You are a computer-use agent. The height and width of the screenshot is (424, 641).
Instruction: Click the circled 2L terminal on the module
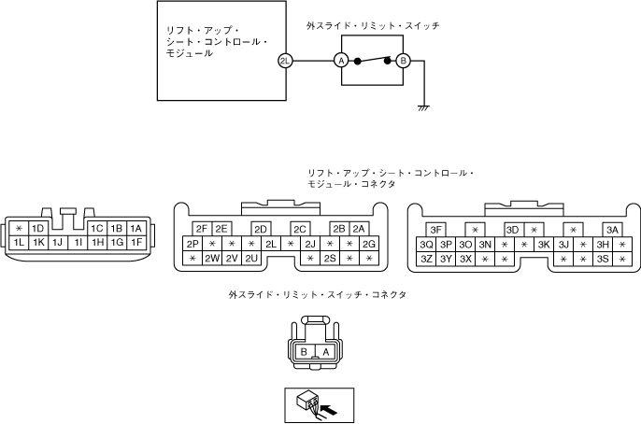(285, 61)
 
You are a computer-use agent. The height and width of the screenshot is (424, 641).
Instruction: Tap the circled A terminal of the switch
(341, 61)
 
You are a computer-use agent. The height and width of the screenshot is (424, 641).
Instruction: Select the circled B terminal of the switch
(404, 61)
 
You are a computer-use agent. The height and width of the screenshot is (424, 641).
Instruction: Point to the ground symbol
(422, 108)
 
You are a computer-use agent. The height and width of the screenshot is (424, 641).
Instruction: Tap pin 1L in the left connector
(19, 243)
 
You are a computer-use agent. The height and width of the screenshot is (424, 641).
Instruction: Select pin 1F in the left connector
(135, 243)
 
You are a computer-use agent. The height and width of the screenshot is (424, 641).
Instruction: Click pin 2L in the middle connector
(271, 245)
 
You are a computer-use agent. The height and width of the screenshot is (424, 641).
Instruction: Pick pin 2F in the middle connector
(201, 229)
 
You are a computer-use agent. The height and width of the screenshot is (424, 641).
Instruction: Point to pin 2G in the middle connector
(369, 245)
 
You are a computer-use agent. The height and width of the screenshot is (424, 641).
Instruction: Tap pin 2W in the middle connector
(212, 259)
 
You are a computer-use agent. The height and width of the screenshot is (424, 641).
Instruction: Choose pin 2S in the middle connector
(330, 259)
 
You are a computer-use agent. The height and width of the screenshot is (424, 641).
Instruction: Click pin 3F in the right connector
(435, 229)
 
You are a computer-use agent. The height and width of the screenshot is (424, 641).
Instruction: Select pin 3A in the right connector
(612, 229)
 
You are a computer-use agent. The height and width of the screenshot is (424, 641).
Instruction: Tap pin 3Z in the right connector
(426, 259)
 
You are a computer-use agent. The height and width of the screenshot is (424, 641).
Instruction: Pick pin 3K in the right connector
(544, 245)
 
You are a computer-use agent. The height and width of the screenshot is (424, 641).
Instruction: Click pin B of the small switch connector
(304, 352)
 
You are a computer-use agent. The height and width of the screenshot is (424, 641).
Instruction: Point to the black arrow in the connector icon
(328, 407)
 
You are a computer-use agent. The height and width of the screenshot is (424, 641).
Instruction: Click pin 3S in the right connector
(603, 259)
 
